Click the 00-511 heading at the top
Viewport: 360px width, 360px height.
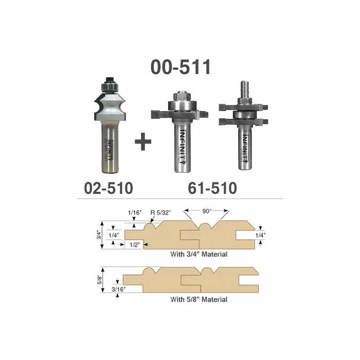pos(181,67)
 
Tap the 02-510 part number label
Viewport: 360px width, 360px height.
pos(109,188)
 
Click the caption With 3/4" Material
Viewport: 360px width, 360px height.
pos(199,254)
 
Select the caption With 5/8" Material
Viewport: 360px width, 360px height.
pos(199,299)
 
